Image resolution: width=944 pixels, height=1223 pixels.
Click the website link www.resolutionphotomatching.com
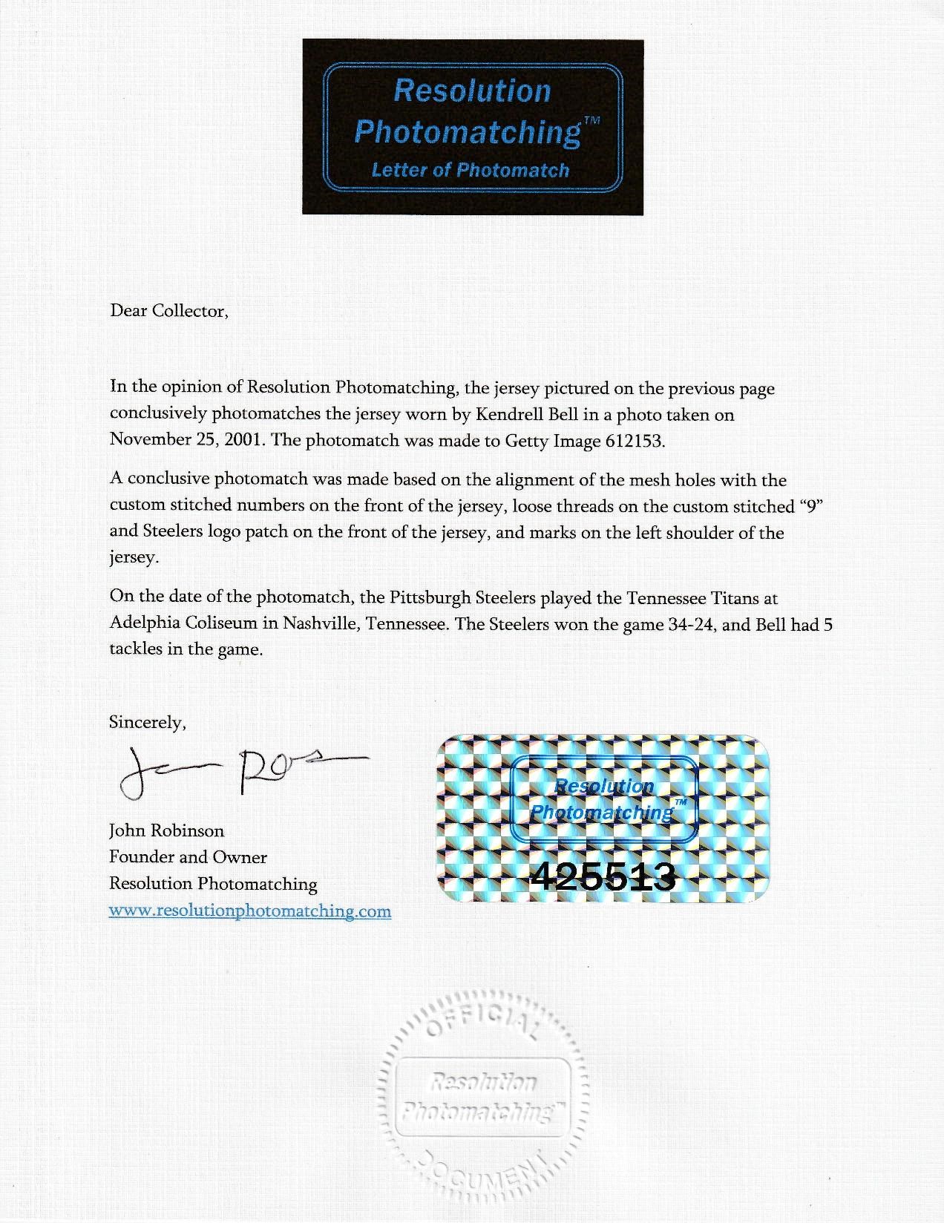249,911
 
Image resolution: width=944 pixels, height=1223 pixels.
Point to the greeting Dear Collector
169,311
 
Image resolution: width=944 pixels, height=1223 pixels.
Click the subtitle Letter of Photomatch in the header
471,170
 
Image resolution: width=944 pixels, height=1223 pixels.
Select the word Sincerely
147,722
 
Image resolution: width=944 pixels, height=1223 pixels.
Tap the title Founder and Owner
188,857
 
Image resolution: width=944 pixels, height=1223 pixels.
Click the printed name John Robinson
166,830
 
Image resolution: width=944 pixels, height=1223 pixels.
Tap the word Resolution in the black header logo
471,91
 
